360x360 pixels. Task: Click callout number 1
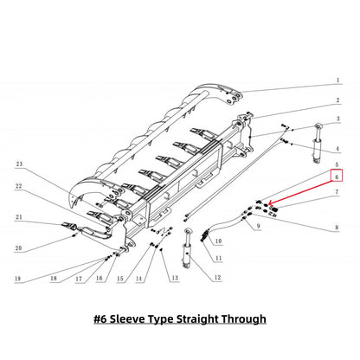[337, 80]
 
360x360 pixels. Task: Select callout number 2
[337, 100]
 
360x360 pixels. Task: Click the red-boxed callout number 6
[337, 176]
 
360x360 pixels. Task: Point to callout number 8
[337, 227]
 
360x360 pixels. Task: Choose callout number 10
[217, 240]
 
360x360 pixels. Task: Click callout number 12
[217, 277]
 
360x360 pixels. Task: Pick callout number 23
[19, 164]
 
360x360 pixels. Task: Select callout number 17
[78, 278]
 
